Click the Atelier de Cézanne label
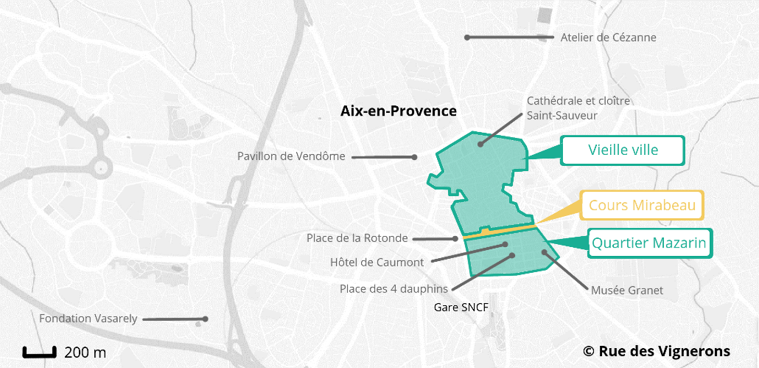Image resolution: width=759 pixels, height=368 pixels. pyautogui.click(x=608, y=38)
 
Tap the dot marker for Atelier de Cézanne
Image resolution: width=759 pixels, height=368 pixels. pyautogui.click(x=466, y=37)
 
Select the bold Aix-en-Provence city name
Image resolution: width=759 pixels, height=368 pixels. pyautogui.click(x=399, y=111)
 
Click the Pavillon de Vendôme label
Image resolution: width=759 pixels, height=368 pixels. pyautogui.click(x=291, y=156)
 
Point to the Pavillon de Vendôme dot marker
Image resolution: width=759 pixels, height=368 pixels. pyautogui.click(x=415, y=156)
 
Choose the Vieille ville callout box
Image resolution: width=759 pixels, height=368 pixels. pyautogui.click(x=623, y=150)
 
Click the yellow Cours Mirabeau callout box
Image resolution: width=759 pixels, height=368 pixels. pyautogui.click(x=642, y=206)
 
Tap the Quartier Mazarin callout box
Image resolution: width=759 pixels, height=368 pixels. pyautogui.click(x=649, y=243)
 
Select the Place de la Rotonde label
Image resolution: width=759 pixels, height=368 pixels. pyautogui.click(x=357, y=237)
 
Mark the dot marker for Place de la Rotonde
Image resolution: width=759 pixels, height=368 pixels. pyautogui.click(x=456, y=238)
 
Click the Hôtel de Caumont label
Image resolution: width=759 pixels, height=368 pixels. pyautogui.click(x=377, y=263)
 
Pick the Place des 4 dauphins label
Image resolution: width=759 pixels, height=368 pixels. pyautogui.click(x=394, y=288)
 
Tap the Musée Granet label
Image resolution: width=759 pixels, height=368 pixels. pyautogui.click(x=627, y=291)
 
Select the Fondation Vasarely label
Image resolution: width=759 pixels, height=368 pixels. pyautogui.click(x=88, y=319)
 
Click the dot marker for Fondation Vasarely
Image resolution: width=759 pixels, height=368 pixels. pyautogui.click(x=206, y=319)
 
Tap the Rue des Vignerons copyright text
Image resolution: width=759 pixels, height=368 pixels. pyautogui.click(x=657, y=351)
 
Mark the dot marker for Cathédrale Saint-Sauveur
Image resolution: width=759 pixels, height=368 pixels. pyautogui.click(x=480, y=144)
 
